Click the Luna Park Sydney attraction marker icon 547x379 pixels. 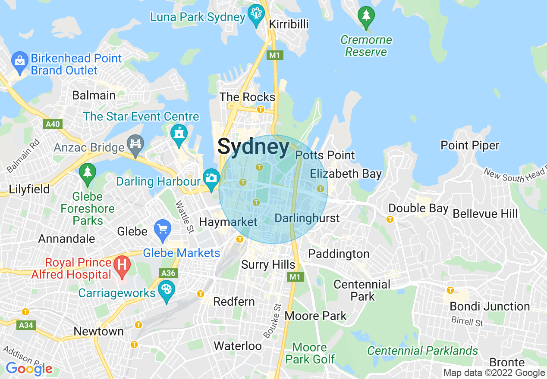pos(257,15)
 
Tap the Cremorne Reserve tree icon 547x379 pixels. pos(366,17)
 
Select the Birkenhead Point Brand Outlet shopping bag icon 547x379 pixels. pos(20,62)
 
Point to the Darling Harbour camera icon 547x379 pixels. pos(211,179)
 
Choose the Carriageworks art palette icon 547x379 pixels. pos(167,291)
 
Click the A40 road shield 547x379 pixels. pos(53,124)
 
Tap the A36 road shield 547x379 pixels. pos(168,273)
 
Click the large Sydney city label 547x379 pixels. pos(253,147)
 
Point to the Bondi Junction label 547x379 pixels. pos(490,307)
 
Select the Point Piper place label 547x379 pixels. pos(470,146)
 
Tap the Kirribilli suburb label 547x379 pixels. pos(289,24)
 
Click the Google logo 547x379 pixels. pos(29,369)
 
